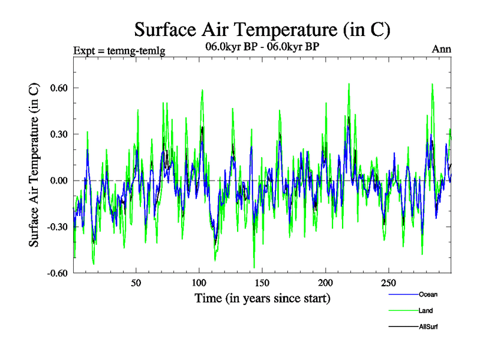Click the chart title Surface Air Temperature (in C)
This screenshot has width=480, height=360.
[262, 29]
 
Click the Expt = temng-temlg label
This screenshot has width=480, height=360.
[119, 50]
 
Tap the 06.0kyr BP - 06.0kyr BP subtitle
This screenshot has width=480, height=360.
[262, 47]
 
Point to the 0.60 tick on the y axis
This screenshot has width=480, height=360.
[57, 88]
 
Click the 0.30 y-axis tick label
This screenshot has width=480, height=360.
[57, 134]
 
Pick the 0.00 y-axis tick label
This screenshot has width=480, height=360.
[57, 181]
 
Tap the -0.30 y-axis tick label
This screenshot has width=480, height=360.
[55, 227]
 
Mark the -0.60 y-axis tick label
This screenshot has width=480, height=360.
[55, 274]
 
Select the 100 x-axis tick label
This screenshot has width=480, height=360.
[199, 283]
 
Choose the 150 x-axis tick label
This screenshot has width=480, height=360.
[262, 283]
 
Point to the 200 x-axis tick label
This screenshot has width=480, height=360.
[325, 283]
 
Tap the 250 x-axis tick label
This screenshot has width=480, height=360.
[388, 283]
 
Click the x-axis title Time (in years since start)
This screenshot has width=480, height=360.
[262, 298]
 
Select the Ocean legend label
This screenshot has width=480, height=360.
[428, 294]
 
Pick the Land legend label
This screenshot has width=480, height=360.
[426, 311]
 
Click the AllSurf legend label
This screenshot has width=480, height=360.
[429, 327]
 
